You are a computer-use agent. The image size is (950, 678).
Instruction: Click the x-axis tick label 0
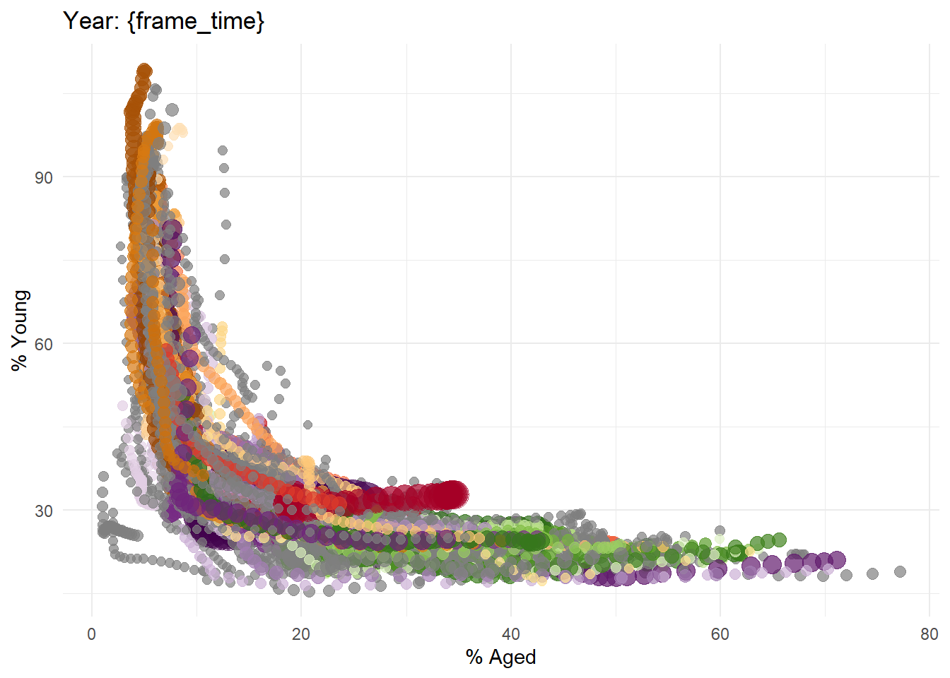tap(92, 634)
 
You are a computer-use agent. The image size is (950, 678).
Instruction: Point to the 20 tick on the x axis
tap(301, 634)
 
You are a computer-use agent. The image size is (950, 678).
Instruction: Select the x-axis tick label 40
tap(510, 634)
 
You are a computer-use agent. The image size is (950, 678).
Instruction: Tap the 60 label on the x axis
tap(720, 634)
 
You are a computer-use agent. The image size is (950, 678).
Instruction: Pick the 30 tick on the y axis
tap(44, 511)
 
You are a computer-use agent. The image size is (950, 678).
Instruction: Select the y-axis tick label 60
tap(44, 344)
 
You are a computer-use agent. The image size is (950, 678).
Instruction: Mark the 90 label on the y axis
tap(44, 177)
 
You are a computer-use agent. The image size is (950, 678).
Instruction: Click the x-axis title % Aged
tap(500, 657)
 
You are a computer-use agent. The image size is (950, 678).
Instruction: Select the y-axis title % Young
tap(20, 330)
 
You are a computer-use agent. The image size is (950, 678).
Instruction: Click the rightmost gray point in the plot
tap(900, 571)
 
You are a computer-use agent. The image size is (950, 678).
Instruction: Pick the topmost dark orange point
tap(144, 71)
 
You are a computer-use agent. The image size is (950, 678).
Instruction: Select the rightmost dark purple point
tap(838, 560)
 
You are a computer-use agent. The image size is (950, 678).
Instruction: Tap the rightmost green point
tap(779, 540)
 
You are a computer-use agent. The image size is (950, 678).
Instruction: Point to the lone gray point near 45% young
tap(307, 424)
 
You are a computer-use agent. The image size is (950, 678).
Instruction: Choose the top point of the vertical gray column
tap(222, 150)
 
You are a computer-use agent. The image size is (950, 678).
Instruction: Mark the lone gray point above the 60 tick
tap(720, 530)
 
